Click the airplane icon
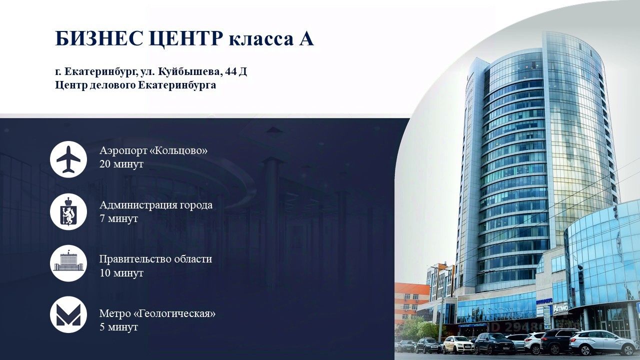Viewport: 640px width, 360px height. pos(68,159)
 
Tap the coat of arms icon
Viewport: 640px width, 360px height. pos(68,211)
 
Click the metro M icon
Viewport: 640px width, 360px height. pos(68,315)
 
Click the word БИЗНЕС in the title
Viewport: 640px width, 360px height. pos(99,38)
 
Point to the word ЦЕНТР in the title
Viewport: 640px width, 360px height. pos(185,39)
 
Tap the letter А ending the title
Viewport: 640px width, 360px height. pos(306,38)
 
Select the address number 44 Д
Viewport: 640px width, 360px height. pos(236,71)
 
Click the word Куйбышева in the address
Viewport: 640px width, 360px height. pos(189,71)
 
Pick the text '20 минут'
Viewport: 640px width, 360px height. pos(121,164)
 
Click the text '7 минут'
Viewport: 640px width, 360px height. pos(118,218)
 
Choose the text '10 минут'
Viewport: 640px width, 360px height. pos(121,273)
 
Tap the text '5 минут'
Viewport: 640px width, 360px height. pos(118,327)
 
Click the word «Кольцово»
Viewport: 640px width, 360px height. pos(178,150)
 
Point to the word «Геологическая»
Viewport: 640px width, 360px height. pos(174,313)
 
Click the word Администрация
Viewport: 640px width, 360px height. pos(138,205)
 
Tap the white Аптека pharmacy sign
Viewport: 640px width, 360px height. pos(560,308)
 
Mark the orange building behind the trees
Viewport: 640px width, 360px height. pos(411,301)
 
